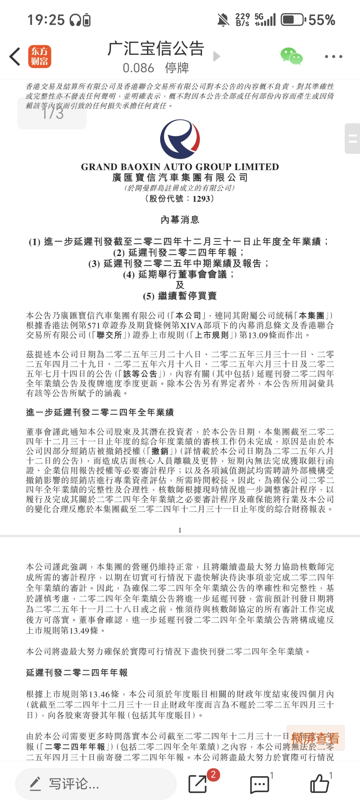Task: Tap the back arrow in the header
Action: click(15, 56)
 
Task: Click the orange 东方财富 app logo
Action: click(39, 56)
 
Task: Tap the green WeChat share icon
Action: click(291, 56)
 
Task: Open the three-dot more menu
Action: click(334, 56)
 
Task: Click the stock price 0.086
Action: click(138, 68)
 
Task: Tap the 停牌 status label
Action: click(177, 68)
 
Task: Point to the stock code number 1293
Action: click(201, 199)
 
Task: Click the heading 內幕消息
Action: click(180, 220)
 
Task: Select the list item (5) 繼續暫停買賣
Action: click(180, 296)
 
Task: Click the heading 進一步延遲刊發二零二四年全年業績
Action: click(100, 412)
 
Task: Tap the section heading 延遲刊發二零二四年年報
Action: click(77, 672)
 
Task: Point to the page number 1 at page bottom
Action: click(180, 530)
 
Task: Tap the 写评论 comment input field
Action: click(96, 784)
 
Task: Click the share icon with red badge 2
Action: click(198, 784)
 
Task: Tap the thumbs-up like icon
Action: click(320, 784)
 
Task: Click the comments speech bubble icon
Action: click(260, 784)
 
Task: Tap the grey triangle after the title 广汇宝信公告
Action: click(217, 56)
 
